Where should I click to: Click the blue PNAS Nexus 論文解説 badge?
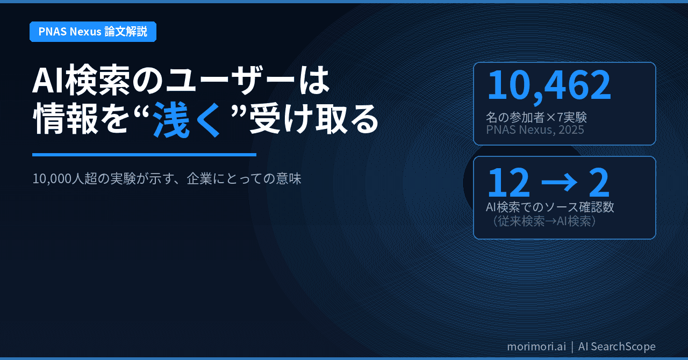(x=92, y=32)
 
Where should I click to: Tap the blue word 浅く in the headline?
(x=187, y=121)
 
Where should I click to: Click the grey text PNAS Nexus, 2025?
(x=535, y=130)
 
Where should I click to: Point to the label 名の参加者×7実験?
(x=536, y=117)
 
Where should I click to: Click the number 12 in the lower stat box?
(x=508, y=183)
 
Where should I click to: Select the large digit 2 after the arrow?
(x=599, y=183)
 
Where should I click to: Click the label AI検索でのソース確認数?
(x=549, y=207)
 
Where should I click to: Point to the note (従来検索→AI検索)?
(x=542, y=221)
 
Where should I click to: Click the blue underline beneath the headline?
(x=144, y=155)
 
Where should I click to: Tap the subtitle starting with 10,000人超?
(x=167, y=178)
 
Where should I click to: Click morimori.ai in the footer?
(x=536, y=347)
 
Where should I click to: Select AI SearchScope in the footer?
(x=617, y=347)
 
